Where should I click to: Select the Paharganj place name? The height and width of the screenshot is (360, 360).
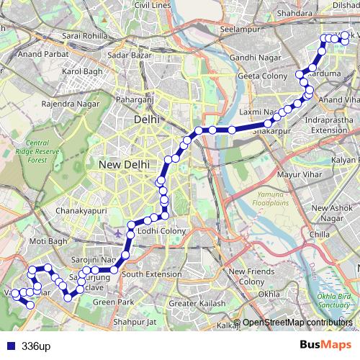(136, 99)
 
